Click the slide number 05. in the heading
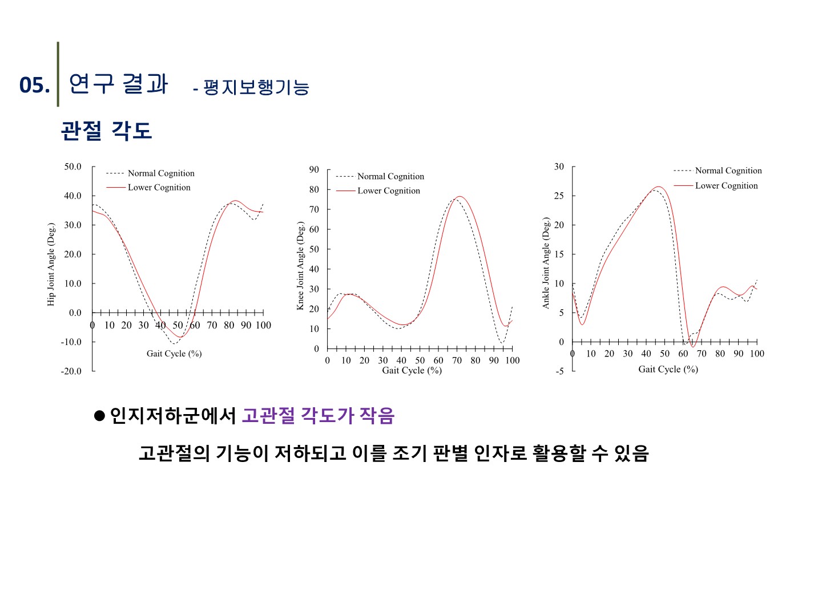click(34, 86)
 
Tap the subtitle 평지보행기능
click(256, 87)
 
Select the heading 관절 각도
click(106, 131)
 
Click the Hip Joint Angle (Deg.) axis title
click(51, 264)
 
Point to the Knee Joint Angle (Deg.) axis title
click(300, 266)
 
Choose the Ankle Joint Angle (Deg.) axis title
click(546, 263)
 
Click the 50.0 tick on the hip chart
click(72, 167)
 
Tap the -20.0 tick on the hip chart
click(71, 371)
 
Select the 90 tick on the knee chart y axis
click(314, 169)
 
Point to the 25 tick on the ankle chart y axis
click(559, 196)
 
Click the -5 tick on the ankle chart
click(559, 371)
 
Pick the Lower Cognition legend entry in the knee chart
click(388, 191)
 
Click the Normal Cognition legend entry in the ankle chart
click(728, 171)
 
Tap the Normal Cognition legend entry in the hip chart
click(160, 173)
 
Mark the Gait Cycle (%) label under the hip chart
click(174, 354)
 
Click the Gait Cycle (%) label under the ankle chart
click(668, 369)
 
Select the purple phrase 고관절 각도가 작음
click(318, 415)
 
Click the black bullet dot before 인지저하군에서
click(100, 415)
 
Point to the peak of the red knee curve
click(460, 197)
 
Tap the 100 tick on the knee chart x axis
click(513, 360)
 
